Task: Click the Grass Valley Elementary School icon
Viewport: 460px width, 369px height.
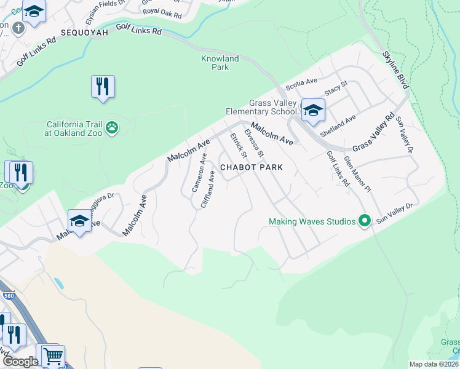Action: [x=313, y=110]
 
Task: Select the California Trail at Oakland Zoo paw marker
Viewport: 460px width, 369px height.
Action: [x=112, y=128]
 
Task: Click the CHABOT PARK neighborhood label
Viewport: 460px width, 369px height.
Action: [x=252, y=167]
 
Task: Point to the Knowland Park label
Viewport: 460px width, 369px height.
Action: [x=220, y=63]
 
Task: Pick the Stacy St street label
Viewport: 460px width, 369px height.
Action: [x=336, y=90]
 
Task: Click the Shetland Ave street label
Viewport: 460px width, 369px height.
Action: [x=338, y=119]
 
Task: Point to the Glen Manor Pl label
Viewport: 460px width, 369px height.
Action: [x=358, y=174]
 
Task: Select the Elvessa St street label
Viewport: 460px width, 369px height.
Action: [x=254, y=142]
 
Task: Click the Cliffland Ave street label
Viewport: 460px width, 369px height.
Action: [x=209, y=188]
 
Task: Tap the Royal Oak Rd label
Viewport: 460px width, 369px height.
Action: [x=162, y=12]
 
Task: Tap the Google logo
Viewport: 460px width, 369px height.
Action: [x=20, y=362]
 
